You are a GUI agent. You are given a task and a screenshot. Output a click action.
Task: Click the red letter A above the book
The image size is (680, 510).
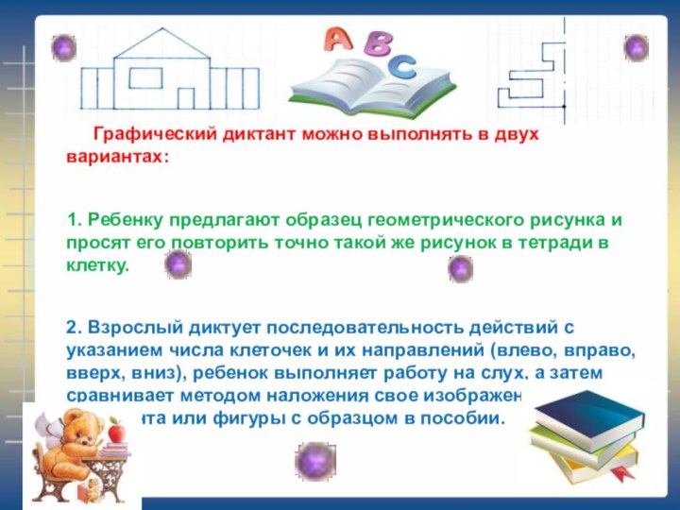[338, 39]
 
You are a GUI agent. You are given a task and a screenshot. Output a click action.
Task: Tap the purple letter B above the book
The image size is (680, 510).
[378, 44]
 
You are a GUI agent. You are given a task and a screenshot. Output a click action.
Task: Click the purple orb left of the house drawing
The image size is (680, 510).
[63, 46]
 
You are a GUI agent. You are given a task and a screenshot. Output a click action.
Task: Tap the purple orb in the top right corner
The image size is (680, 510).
[636, 47]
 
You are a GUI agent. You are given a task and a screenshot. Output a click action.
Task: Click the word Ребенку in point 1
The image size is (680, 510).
[124, 220]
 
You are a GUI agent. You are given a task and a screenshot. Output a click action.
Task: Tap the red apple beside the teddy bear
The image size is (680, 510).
[116, 433]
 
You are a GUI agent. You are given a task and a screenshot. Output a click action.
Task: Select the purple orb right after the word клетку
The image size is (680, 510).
[178, 265]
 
